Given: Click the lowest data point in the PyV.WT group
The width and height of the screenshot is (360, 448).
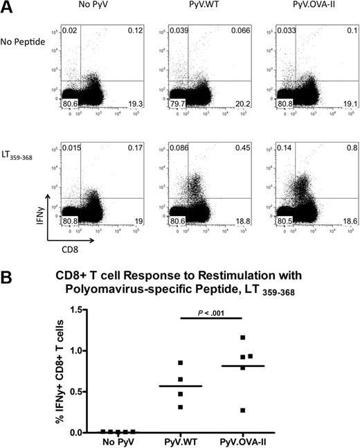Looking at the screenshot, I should tap(200, 406).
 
